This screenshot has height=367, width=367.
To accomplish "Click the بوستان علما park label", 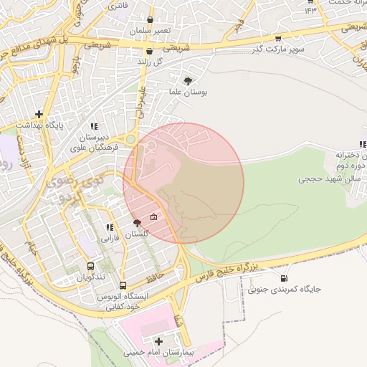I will click(x=189, y=93).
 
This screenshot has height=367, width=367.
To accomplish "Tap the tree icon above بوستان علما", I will click(x=189, y=81).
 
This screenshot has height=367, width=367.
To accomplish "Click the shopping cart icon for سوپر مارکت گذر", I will click(x=278, y=39).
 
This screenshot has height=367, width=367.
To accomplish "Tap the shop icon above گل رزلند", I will click(x=149, y=52).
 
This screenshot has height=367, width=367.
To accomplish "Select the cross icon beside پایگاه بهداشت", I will click(x=39, y=114).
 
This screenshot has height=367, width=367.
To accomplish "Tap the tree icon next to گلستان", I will click(x=137, y=224).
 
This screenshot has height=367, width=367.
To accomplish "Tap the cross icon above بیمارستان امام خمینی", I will click(x=158, y=341).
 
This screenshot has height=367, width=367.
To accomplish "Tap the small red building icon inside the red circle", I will click(x=153, y=217).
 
